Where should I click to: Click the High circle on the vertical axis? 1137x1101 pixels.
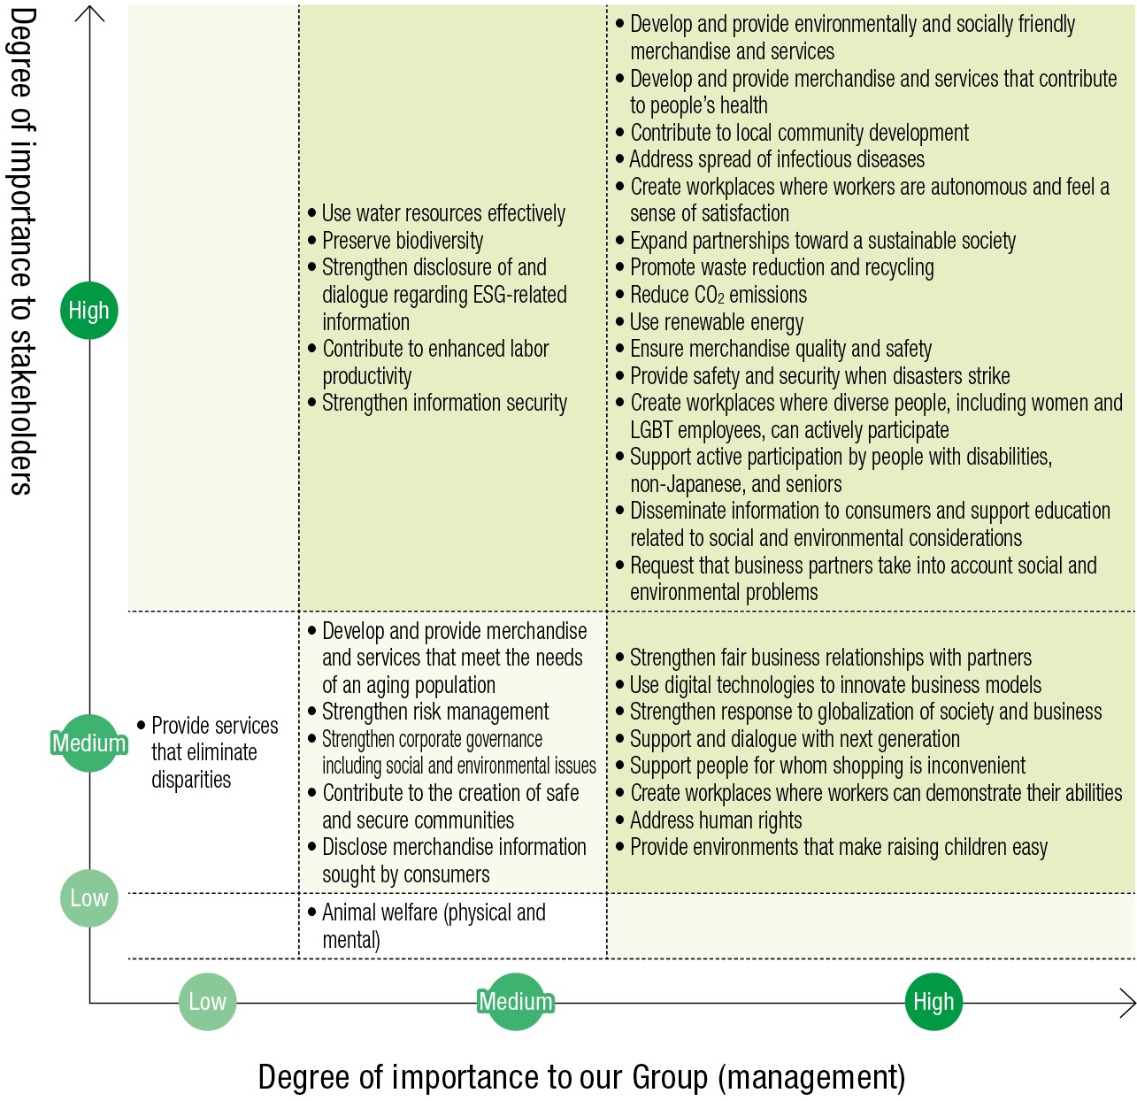(x=88, y=311)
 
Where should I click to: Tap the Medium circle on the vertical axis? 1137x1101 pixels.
(x=88, y=743)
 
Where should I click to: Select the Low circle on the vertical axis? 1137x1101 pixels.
(x=88, y=898)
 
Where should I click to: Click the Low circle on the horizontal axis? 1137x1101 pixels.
(x=207, y=1002)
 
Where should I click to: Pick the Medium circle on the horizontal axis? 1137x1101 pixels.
(x=516, y=1002)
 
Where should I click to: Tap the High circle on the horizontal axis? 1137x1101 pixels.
(x=933, y=1002)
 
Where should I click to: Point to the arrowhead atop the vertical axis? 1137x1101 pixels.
(x=89, y=12)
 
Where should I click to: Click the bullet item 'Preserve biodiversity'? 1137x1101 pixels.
(x=402, y=241)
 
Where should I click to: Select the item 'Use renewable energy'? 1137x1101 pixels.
(x=716, y=322)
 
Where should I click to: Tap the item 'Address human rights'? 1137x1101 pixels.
(x=715, y=820)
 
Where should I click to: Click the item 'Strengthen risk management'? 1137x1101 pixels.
(x=434, y=712)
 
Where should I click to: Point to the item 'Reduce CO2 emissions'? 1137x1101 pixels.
(x=718, y=295)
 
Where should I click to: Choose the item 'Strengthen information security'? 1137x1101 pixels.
(x=443, y=403)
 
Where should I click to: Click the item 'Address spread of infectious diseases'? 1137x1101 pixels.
(x=776, y=159)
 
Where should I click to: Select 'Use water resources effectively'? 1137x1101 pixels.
(x=442, y=213)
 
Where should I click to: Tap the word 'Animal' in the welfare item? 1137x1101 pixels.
(x=350, y=912)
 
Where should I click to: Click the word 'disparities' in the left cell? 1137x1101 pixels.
(x=191, y=780)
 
